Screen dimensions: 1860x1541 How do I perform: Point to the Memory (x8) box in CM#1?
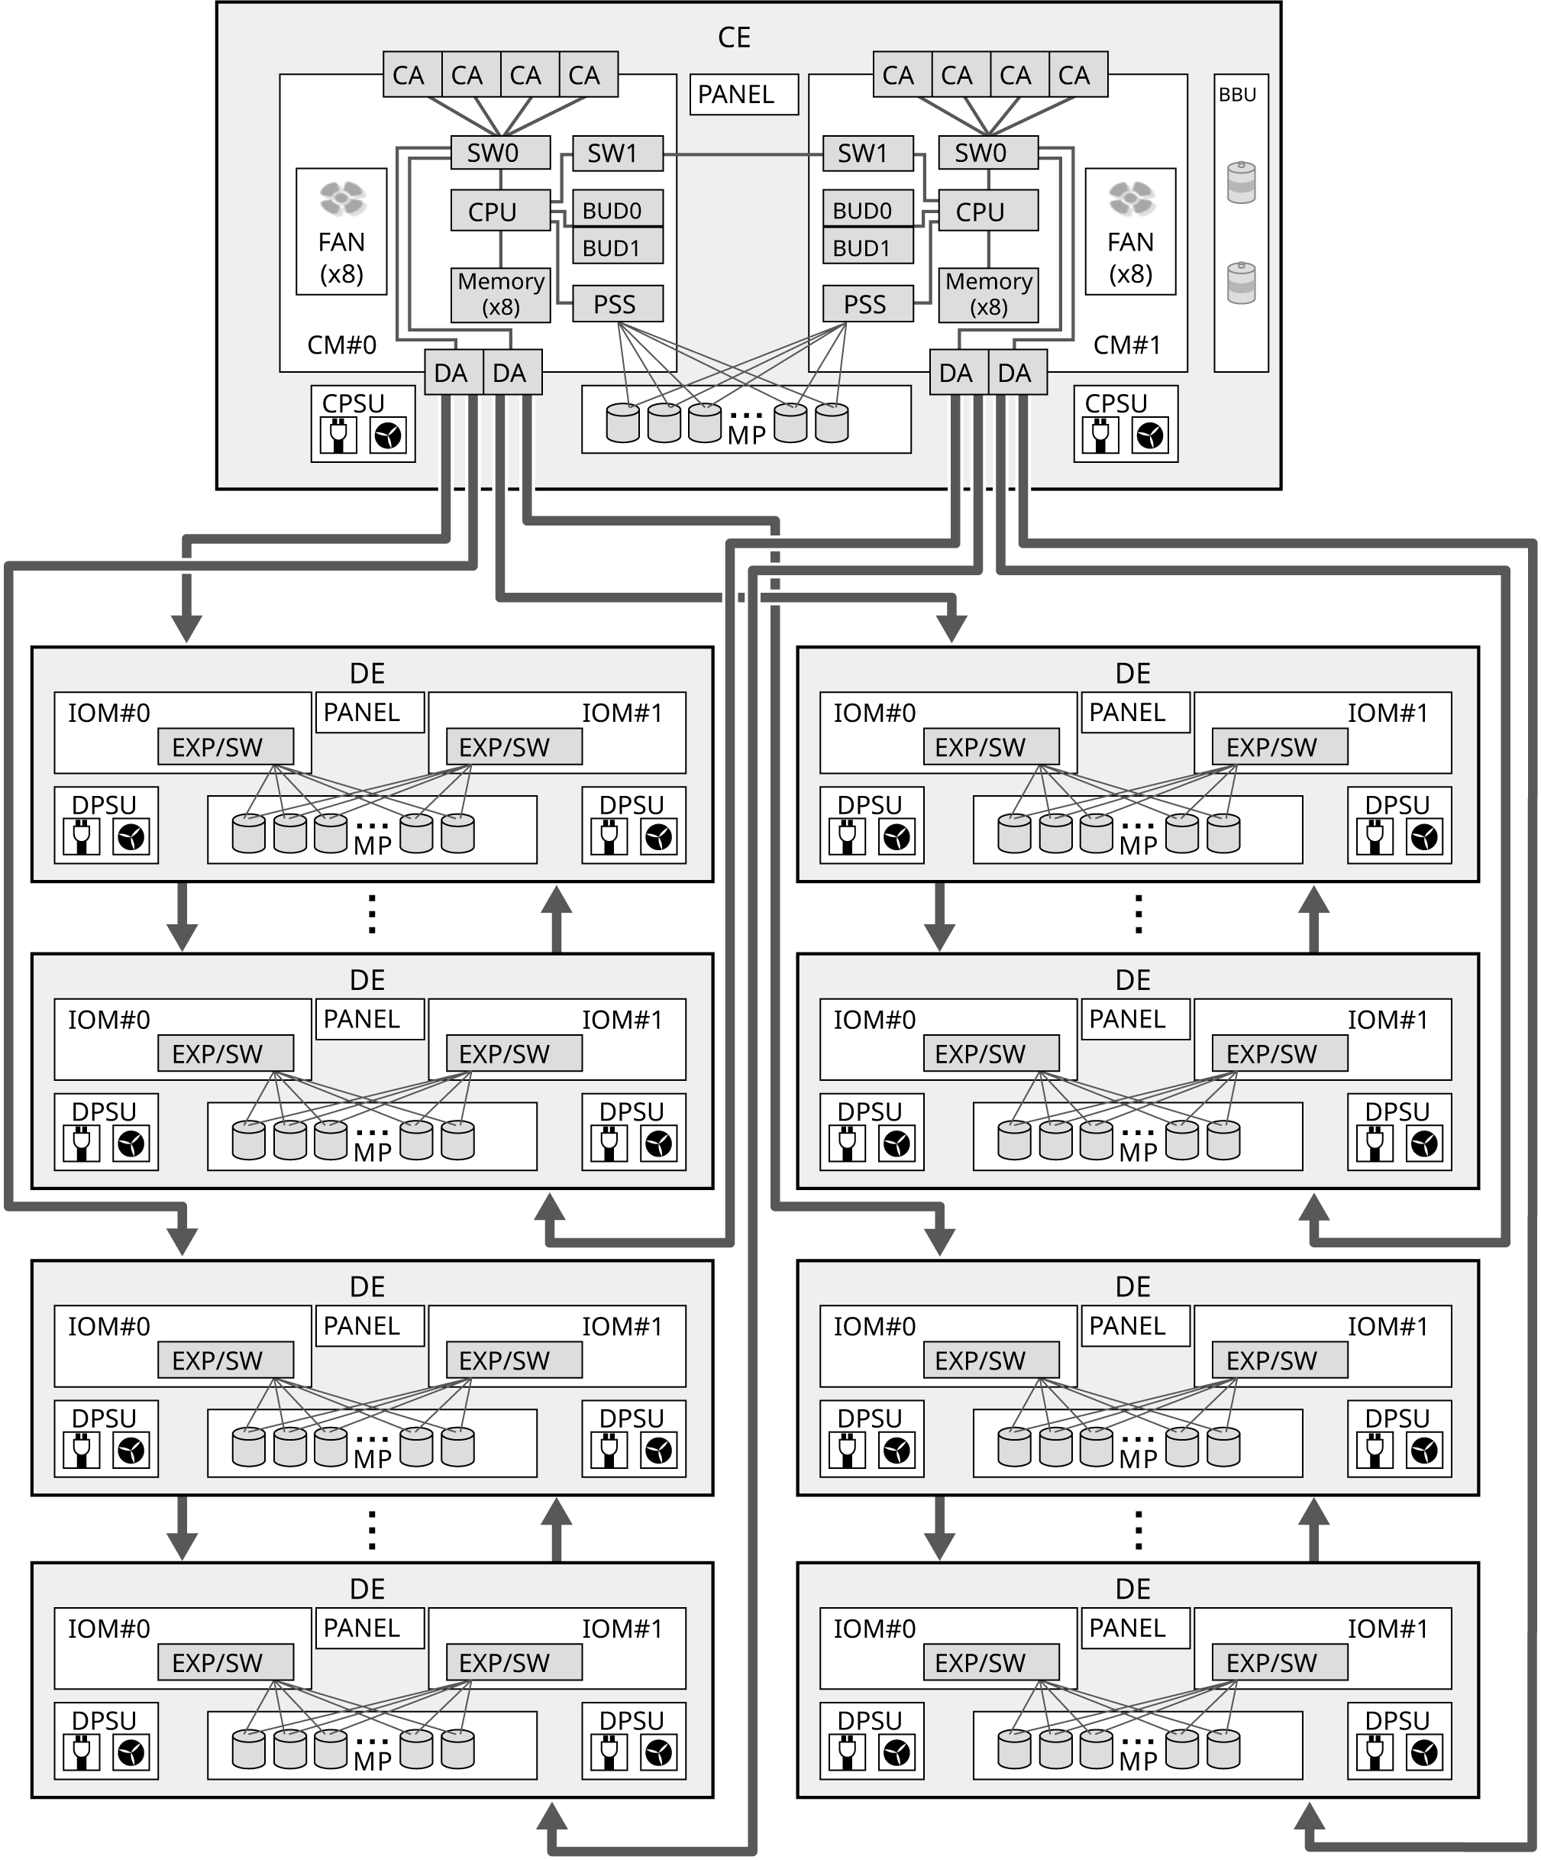(x=987, y=295)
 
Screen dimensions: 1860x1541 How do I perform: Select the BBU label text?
(x=1237, y=95)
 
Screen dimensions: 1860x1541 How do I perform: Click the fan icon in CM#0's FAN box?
(x=342, y=199)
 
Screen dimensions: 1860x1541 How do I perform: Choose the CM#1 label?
(x=1126, y=345)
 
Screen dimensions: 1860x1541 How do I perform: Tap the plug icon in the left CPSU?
(x=338, y=435)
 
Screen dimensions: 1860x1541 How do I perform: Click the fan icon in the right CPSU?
(x=1151, y=435)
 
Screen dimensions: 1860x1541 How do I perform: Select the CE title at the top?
(x=734, y=37)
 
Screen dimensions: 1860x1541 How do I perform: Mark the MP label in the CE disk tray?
(x=746, y=435)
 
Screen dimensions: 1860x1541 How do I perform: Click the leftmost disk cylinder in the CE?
(x=622, y=423)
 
